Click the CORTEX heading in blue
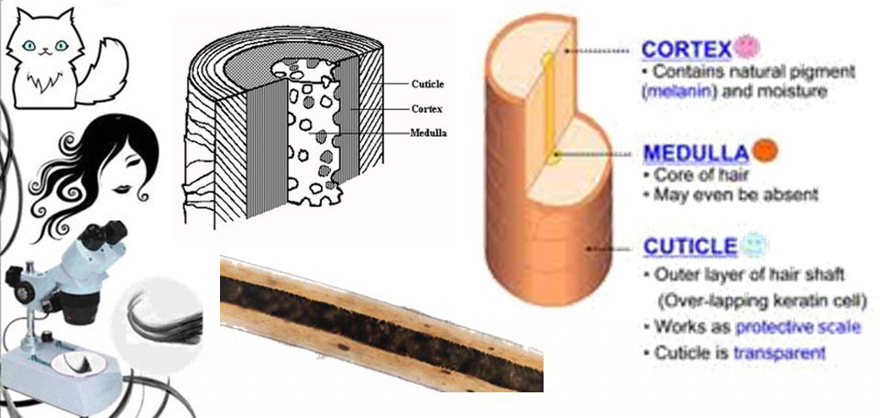pyautogui.click(x=687, y=49)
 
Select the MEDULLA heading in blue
pyautogui.click(x=696, y=152)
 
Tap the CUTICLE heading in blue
pyautogui.click(x=689, y=247)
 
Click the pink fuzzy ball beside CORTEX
pyautogui.click(x=747, y=47)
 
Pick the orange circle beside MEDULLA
pyautogui.click(x=764, y=150)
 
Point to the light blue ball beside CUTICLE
pyautogui.click(x=754, y=244)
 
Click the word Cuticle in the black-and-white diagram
pyautogui.click(x=428, y=84)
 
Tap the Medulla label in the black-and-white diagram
pyautogui.click(x=429, y=133)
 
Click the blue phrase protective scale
pyautogui.click(x=797, y=327)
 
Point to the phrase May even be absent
pyautogui.click(x=735, y=194)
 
